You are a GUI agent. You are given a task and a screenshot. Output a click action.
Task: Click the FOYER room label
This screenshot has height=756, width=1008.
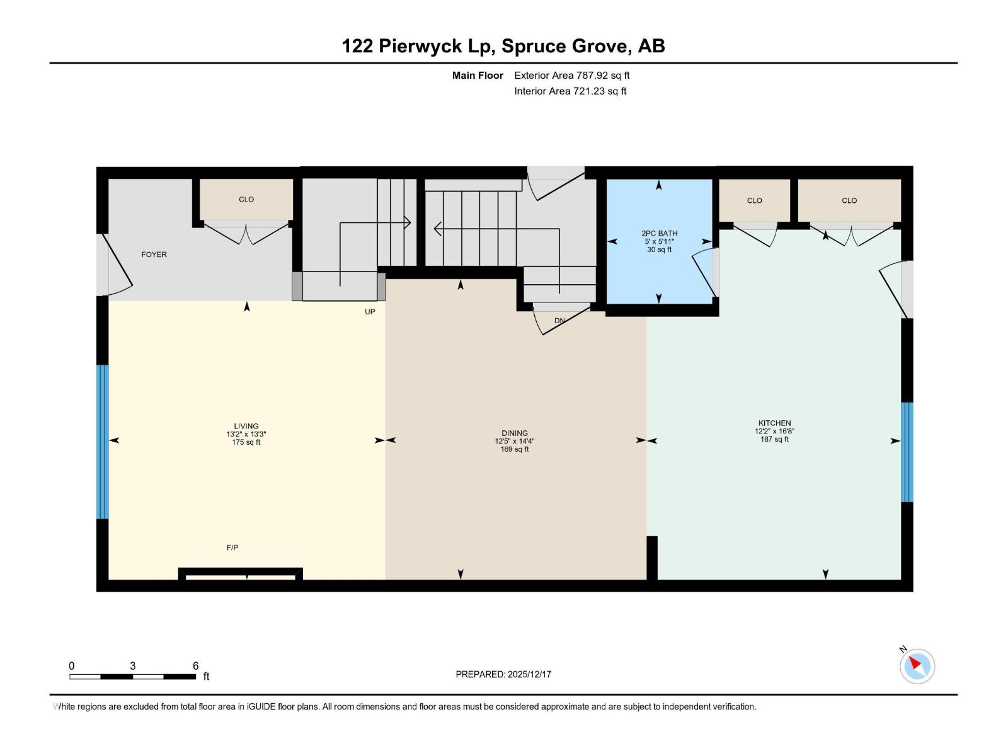pyautogui.click(x=154, y=255)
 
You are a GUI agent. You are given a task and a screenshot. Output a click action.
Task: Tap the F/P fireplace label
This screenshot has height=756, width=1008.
pyautogui.click(x=232, y=547)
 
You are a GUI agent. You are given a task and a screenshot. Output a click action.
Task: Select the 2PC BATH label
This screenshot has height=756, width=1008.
pyautogui.click(x=659, y=233)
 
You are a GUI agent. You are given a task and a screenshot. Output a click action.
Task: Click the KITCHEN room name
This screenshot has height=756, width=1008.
pyautogui.click(x=774, y=423)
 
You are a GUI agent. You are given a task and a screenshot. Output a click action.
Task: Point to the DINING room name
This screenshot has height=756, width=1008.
pyautogui.click(x=514, y=433)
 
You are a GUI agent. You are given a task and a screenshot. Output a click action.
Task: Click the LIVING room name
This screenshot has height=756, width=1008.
pyautogui.click(x=246, y=426)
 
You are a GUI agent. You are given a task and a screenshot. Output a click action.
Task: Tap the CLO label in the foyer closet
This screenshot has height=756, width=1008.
pyautogui.click(x=246, y=199)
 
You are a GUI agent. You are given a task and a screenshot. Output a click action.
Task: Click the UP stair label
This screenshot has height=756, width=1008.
pyautogui.click(x=370, y=312)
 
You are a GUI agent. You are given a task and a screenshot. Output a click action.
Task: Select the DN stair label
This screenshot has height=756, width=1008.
pyautogui.click(x=559, y=321)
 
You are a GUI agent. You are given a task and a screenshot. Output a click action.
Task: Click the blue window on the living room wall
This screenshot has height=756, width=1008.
pyautogui.click(x=102, y=442)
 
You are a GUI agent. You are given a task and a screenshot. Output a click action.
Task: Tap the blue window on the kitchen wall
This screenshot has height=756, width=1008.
pyautogui.click(x=907, y=452)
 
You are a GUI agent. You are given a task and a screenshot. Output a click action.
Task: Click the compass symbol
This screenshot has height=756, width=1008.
pyautogui.click(x=917, y=666)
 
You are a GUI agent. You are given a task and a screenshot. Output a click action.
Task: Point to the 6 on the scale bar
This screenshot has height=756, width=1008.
pyautogui.click(x=196, y=666)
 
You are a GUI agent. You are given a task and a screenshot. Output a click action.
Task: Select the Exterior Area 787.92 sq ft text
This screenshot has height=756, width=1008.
pyautogui.click(x=571, y=76)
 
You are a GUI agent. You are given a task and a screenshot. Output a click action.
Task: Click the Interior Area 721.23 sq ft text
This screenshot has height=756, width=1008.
pyautogui.click(x=570, y=91)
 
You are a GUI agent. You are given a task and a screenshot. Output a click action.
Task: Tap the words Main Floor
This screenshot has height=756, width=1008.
pyautogui.click(x=478, y=76)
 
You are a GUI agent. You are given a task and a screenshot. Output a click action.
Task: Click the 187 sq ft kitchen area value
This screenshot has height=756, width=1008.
pyautogui.click(x=774, y=439)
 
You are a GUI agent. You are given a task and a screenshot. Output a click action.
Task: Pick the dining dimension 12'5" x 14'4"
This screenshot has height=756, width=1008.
pyautogui.click(x=514, y=442)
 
